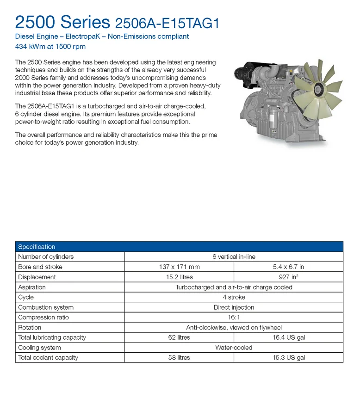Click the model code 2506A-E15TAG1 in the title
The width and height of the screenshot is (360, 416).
(167, 23)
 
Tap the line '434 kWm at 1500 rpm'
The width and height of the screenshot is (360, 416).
(50, 46)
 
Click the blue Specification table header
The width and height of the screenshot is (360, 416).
(179, 246)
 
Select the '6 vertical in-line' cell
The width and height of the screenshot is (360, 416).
(234, 257)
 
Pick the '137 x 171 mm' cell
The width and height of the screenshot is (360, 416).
(179, 267)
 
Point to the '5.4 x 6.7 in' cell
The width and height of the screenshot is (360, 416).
(288, 267)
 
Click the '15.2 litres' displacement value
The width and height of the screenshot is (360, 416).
(179, 277)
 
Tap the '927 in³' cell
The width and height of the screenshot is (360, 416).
(288, 277)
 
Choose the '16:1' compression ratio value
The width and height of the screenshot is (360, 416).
(234, 317)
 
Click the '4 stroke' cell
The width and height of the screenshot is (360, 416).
(234, 297)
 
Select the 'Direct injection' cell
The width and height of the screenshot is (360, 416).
(234, 307)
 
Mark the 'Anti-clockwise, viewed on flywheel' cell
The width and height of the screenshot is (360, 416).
(234, 327)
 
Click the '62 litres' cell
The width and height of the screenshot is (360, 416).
(179, 337)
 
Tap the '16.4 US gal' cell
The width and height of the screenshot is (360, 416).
(288, 337)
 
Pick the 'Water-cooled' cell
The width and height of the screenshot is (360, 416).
(234, 348)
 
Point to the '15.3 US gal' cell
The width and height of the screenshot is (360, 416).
(288, 357)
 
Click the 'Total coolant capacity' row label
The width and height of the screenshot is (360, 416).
(48, 357)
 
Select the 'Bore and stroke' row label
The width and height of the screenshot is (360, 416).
(40, 267)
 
